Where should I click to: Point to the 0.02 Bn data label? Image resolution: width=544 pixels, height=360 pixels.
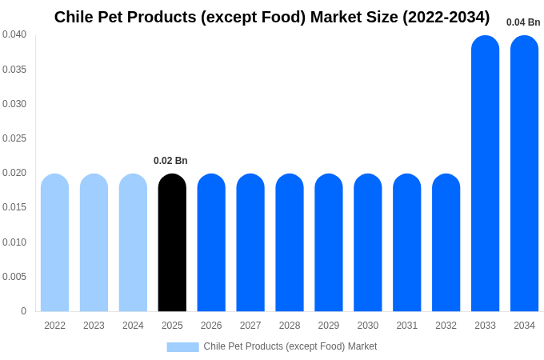[x=170, y=161]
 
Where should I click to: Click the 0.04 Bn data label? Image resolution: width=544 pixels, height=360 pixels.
[x=523, y=22]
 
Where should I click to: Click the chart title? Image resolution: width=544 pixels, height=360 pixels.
[x=272, y=17]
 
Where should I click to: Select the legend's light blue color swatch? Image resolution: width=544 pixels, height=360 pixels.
[x=182, y=346]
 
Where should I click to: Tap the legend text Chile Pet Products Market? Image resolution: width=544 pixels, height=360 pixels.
[x=290, y=346]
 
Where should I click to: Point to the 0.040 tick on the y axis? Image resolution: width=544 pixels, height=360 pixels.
[x=14, y=34]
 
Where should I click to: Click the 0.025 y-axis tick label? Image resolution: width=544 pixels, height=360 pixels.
[x=14, y=138]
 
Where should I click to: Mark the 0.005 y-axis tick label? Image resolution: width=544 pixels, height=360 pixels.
[x=14, y=277]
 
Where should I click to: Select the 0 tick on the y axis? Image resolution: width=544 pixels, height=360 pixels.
[x=23, y=311]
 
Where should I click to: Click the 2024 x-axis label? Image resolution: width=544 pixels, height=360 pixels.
[x=133, y=326]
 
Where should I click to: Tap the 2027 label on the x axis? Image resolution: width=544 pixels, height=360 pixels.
[x=250, y=326]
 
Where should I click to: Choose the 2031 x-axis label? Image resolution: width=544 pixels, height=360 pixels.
[x=406, y=326]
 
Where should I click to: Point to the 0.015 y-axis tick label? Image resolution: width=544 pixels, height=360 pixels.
[x=14, y=207]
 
